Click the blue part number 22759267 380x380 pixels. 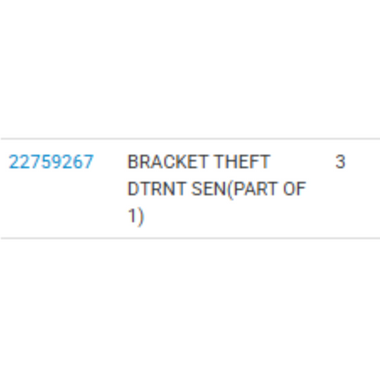[51, 162]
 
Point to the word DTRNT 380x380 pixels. [156, 189]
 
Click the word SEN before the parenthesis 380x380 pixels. [209, 189]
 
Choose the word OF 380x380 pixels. [294, 189]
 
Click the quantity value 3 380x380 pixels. [340, 162]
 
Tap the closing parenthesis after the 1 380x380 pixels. [140, 217]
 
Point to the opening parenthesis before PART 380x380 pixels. [229, 190]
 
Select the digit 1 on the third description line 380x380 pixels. [132, 216]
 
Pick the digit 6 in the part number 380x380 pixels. [79, 162]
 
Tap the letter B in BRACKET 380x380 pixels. [133, 162]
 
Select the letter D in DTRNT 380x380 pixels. [133, 189]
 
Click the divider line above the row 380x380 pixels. [190, 139]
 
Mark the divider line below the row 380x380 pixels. [190, 238]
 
